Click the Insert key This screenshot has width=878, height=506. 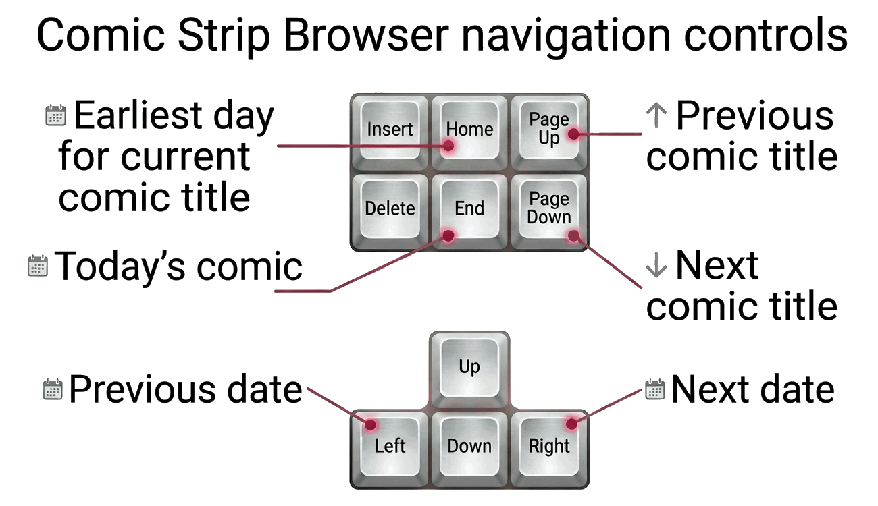pos(390,132)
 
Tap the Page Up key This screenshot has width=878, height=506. pos(548,132)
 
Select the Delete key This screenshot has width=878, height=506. pos(390,211)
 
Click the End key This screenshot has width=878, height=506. pos(469,211)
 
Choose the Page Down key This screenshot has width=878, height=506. pos(548,211)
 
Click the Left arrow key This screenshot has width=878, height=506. pos(390,449)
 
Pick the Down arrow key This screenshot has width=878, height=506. pos(469,449)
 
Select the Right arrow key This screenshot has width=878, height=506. pos(548,449)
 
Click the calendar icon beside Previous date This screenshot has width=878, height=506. pos(53,389)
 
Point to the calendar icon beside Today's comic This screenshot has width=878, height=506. pos(38,266)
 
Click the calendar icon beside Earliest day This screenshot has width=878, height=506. pos(55,115)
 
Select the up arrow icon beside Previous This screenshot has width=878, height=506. pos(656,115)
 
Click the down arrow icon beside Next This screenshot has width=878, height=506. pos(656,265)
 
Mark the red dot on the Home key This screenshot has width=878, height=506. pos(448,146)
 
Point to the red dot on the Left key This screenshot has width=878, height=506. pos(370,424)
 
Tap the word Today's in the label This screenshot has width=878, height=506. pos(120,266)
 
